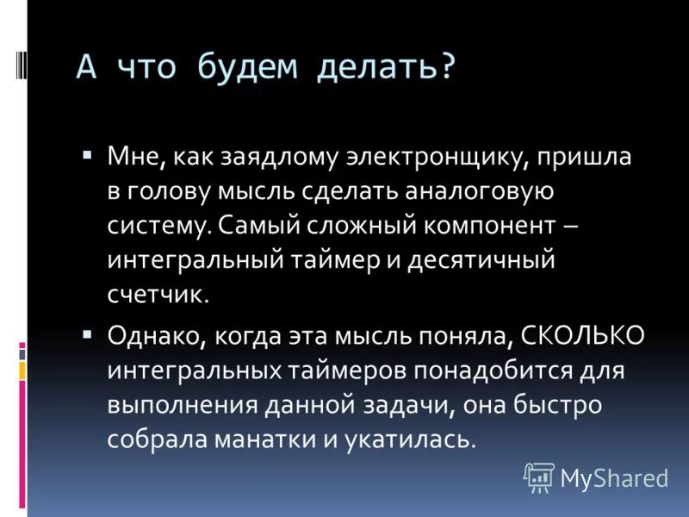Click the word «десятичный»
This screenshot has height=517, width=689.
coord(492,259)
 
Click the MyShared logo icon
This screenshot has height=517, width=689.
coord(538,476)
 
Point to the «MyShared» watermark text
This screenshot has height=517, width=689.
coord(614,477)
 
